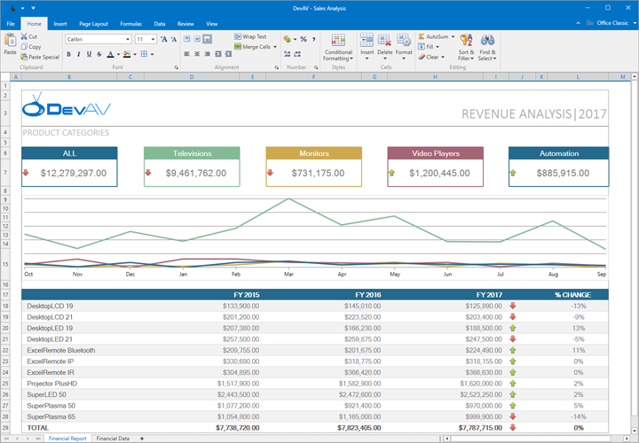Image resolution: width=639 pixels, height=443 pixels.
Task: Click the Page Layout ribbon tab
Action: [93, 23]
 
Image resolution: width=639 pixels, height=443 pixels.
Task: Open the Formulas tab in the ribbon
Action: [130, 23]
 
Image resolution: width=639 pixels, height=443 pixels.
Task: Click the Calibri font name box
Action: [97, 40]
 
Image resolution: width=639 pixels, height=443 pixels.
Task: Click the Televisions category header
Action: [193, 153]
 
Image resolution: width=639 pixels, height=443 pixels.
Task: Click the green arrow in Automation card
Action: [514, 173]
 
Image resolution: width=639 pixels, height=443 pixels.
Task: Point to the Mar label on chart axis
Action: [288, 275]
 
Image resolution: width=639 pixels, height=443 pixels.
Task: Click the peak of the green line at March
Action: [288, 199]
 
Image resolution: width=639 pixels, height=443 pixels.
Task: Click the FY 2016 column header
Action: [367, 294]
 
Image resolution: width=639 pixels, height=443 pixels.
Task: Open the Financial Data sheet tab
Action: [113, 439]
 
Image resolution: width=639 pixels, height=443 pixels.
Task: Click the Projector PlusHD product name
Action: [52, 383]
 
